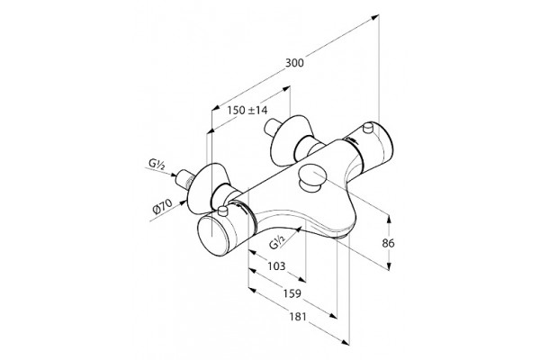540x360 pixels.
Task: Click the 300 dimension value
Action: point(294,63)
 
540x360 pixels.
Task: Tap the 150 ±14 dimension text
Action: point(247,110)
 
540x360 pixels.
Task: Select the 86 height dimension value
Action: point(388,243)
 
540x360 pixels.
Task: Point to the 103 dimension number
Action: point(276,266)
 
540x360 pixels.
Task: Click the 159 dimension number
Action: point(292,293)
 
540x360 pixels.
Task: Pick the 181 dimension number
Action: point(297,317)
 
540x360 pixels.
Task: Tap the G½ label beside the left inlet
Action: point(157,164)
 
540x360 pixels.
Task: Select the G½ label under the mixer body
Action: point(277,242)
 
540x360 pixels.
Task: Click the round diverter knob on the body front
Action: point(312,177)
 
